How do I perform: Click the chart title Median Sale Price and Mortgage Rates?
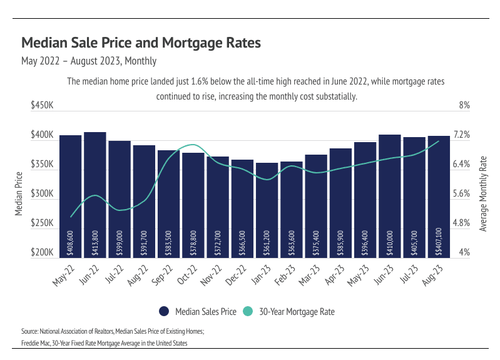pyautogui.click(x=141, y=43)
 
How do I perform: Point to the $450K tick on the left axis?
pyautogui.click(x=42, y=106)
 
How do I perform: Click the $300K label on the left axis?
pyautogui.click(x=42, y=194)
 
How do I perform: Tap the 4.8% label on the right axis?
pyautogui.click(x=461, y=224)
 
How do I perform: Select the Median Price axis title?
pyautogui.click(x=19, y=193)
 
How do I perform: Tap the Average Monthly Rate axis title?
pyautogui.click(x=482, y=193)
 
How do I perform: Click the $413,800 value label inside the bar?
pyautogui.click(x=95, y=241)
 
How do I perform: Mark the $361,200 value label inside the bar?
pyautogui.click(x=267, y=241)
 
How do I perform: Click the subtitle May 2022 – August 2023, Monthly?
pyautogui.click(x=89, y=61)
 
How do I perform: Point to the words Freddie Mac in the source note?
pyautogui.click(x=33, y=342)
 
